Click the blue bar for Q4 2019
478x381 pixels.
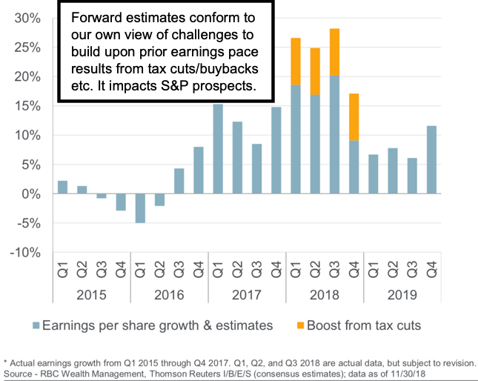tap(431, 159)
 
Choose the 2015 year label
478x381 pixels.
tap(91, 294)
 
